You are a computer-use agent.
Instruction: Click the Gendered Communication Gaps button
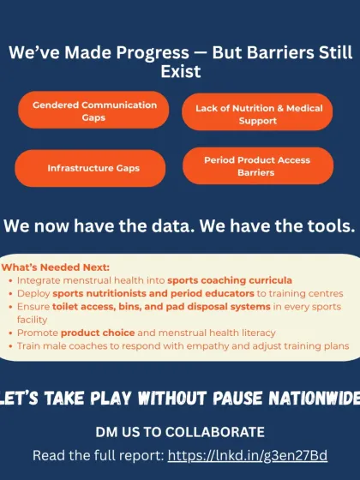(x=94, y=111)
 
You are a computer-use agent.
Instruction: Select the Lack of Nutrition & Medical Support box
(x=258, y=114)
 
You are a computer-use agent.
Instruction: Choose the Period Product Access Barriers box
(x=257, y=165)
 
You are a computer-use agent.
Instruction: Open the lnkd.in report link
(x=248, y=456)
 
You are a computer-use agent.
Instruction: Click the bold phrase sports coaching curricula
(x=229, y=280)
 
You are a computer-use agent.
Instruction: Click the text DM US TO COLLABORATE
(x=180, y=431)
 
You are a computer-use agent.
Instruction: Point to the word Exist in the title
(x=180, y=71)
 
